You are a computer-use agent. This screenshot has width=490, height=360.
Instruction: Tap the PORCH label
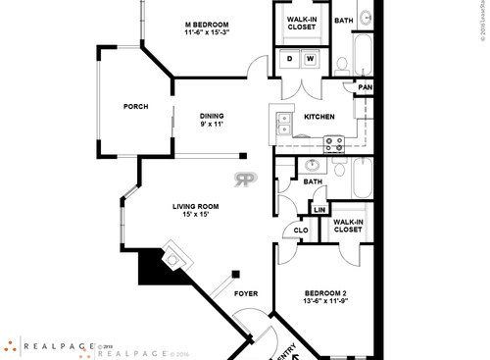coord(135,107)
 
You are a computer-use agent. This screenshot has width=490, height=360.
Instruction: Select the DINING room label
coord(213,115)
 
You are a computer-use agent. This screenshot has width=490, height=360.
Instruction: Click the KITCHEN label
coord(319,117)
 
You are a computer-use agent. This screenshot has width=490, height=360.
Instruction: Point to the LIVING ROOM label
coord(195,206)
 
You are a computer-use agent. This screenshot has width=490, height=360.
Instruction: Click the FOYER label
coord(246,293)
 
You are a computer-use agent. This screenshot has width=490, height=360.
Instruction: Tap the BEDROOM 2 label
coord(324,293)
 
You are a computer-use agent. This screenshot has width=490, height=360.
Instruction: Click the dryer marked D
coord(290,60)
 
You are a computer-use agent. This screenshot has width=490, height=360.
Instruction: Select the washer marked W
coord(311,60)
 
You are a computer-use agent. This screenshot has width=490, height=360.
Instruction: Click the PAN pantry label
coord(365,87)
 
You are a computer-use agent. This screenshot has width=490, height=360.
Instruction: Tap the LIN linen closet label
coord(318,210)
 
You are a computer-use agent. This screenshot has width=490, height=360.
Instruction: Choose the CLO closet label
coord(301,231)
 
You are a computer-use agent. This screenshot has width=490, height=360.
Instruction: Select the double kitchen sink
coord(283,124)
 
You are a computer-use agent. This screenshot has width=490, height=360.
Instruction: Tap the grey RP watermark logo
coord(245,180)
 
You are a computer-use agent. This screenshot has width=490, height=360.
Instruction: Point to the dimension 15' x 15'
coord(195,215)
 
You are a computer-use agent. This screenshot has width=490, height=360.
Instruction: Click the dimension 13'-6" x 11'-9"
coord(324,303)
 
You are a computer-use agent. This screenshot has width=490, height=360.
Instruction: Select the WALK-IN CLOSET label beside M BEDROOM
coord(302,24)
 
